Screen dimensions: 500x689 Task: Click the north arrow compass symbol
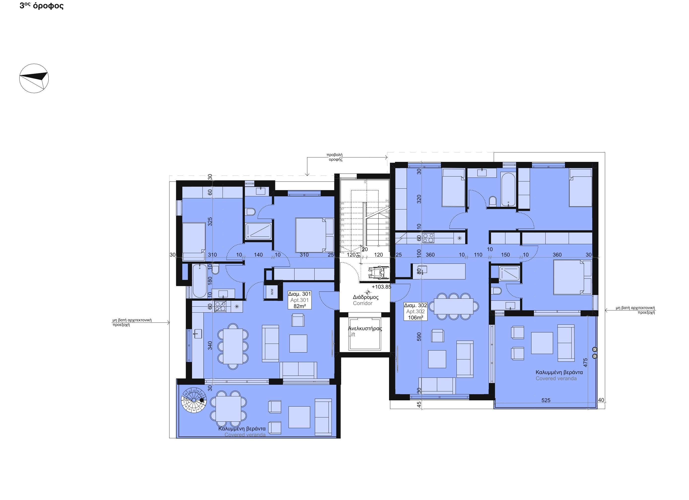34,78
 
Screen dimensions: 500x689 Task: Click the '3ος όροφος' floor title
42,6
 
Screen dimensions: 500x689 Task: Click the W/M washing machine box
272,292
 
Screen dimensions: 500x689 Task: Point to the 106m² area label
416,318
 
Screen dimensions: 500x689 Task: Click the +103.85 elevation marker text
381,287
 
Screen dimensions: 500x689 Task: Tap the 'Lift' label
352,335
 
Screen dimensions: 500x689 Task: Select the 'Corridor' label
362,303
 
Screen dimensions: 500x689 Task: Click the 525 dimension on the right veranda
546,400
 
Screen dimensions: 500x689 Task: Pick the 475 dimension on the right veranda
585,362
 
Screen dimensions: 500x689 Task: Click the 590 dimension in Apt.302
419,337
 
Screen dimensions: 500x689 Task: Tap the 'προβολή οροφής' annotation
335,157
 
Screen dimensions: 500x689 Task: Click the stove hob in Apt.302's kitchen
428,238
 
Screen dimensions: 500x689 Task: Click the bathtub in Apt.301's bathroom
199,281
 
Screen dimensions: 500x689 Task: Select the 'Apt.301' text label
299,300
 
